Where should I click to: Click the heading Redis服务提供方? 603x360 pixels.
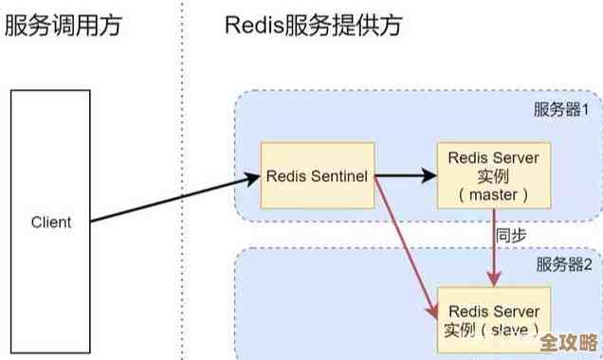(313, 25)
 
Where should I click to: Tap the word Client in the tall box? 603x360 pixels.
(51, 223)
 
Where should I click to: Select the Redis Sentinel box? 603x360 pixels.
(318, 176)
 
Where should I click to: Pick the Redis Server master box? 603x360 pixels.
(494, 176)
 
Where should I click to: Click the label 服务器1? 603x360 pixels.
(561, 109)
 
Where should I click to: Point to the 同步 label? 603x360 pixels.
(512, 233)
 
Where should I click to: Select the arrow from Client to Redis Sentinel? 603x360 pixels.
(175, 199)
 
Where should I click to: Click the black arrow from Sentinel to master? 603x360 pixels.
(406, 176)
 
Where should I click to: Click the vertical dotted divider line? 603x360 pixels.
(181, 189)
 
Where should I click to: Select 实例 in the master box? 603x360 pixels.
(494, 176)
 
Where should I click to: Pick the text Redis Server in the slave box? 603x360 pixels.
(494, 311)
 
